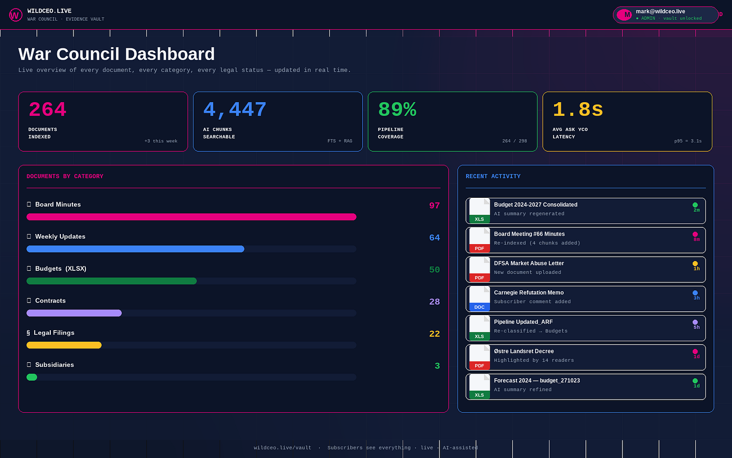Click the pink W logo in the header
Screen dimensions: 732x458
16,15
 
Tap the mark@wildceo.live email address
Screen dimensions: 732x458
661,12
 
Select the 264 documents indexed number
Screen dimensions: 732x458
48,109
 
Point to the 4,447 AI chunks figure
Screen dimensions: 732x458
235,110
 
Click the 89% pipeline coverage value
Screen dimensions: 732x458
397,109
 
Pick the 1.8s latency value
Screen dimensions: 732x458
578,109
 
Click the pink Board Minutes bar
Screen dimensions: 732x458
192,217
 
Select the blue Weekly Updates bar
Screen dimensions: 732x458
135,249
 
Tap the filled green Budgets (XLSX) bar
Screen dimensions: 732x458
112,281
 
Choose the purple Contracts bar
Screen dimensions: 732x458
74,313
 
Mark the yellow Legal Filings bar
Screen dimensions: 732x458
64,345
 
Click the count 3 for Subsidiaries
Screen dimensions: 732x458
437,366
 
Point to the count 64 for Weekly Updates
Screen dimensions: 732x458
434,238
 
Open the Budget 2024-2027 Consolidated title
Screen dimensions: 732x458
535,205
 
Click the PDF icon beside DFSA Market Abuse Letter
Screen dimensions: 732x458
480,269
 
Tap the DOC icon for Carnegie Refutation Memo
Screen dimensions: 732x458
480,298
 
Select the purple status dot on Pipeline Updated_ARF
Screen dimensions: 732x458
695,322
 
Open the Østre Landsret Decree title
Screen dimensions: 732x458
524,351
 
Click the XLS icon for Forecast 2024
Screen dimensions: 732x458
480,387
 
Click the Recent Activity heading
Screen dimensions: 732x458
493,176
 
